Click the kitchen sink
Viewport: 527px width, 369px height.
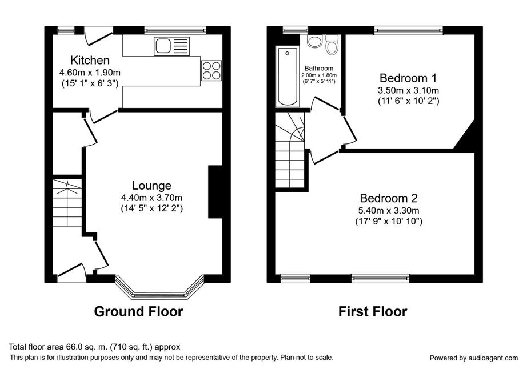(171, 46)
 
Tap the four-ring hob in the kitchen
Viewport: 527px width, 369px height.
(211, 70)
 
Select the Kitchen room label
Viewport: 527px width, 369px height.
(90, 61)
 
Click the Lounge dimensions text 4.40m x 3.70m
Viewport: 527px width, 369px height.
(152, 198)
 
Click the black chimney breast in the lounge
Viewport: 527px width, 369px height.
(215, 192)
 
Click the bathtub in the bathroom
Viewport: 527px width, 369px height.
(288, 77)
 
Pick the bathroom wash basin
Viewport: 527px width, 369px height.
(315, 42)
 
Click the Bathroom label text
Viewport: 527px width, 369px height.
(319, 68)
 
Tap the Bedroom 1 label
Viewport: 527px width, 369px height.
(408, 78)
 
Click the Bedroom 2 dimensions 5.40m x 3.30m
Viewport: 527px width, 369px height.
(389, 211)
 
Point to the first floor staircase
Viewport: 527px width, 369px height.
(290, 150)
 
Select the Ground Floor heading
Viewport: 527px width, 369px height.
(138, 311)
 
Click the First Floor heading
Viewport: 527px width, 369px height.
(373, 311)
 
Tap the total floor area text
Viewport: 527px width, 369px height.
(94, 347)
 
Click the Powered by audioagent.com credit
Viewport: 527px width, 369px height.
(474, 358)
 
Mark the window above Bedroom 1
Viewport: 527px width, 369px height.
(409, 30)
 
